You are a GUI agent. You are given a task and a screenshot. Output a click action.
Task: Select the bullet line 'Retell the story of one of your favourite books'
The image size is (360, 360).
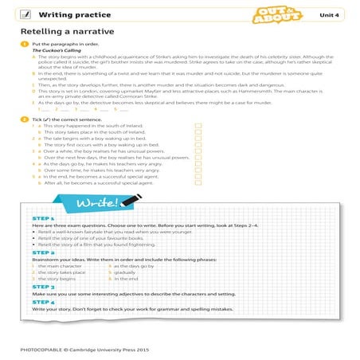[88, 237]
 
